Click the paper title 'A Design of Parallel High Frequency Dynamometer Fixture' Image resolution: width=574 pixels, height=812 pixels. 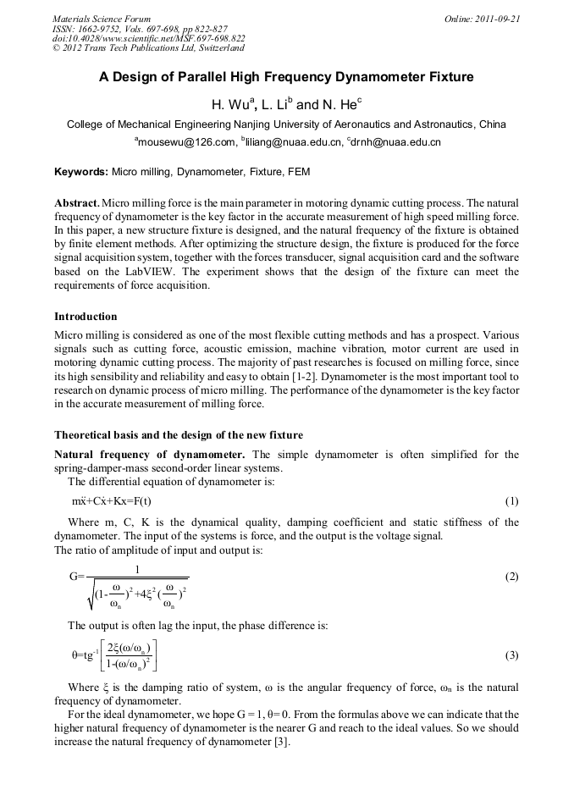(286, 77)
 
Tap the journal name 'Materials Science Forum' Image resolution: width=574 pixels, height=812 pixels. (102, 19)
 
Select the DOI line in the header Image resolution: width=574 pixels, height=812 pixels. (149, 38)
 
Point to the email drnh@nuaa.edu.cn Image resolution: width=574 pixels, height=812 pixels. (393, 142)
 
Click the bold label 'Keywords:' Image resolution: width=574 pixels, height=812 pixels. (81, 172)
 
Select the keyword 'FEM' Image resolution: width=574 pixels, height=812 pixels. (299, 172)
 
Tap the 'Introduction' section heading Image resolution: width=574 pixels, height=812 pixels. (86, 317)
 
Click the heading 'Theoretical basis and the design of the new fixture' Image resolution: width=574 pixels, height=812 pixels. (178, 435)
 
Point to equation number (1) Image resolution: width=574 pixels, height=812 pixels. (511, 501)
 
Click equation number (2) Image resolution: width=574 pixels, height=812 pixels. (511, 577)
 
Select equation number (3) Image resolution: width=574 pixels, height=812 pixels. (511, 655)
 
